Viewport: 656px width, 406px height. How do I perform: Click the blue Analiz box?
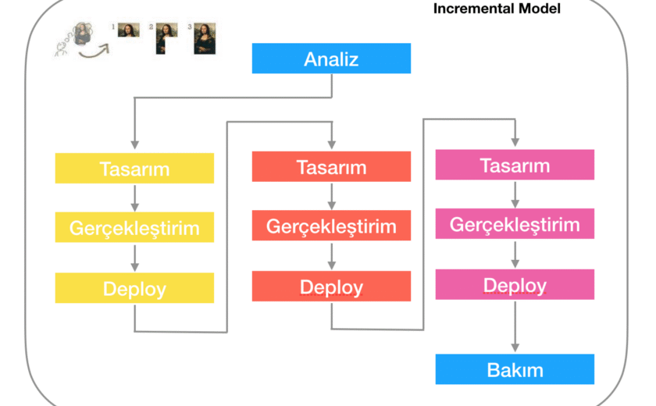pos(331,58)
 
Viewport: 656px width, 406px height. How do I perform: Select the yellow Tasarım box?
pos(134,168)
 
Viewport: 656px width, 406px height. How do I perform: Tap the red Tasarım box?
pos(331,166)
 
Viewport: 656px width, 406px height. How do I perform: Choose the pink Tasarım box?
pos(515,165)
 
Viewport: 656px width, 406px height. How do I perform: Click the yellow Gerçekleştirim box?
pos(134,227)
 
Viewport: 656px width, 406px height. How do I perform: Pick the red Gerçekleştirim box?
pos(331,226)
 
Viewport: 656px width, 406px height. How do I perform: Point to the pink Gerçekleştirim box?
pos(515,224)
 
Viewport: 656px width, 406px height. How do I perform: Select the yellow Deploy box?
pos(134,288)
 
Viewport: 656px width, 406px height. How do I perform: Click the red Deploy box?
pos(331,287)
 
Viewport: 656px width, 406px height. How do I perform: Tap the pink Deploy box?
pos(515,284)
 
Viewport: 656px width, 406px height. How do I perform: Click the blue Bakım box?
pos(515,369)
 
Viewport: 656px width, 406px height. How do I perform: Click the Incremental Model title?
pos(497,9)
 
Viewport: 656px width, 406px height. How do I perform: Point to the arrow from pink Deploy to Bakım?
pos(515,326)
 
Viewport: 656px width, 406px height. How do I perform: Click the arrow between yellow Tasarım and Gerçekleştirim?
pos(134,198)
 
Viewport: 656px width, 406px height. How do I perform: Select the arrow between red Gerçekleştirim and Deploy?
pos(332,256)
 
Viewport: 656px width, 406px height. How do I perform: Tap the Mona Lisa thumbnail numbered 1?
pos(128,30)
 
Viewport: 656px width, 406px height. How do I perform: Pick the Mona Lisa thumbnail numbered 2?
pos(166,38)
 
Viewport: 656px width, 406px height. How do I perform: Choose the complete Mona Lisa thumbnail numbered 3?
pos(205,38)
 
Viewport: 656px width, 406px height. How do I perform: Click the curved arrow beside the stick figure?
pos(94,52)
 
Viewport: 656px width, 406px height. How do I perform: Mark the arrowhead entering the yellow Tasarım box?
pos(134,144)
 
